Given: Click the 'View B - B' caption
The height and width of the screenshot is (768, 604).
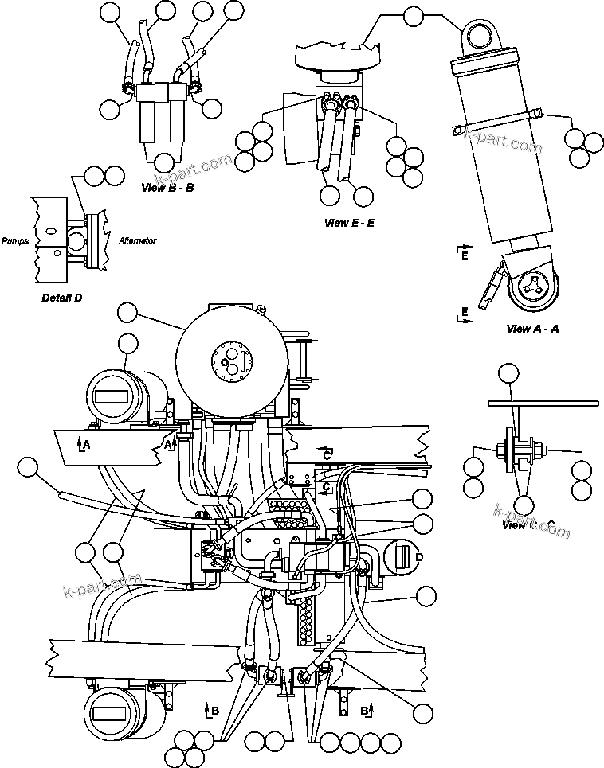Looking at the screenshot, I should [167, 189].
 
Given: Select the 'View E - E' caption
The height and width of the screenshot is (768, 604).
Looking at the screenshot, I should [349, 223].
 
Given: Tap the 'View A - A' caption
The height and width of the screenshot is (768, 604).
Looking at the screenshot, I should [531, 329].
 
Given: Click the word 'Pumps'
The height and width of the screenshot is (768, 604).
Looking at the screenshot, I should [15, 240].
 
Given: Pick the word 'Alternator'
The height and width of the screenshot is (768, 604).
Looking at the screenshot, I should [138, 240].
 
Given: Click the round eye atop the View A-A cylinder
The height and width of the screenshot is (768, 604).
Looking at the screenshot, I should [480, 37].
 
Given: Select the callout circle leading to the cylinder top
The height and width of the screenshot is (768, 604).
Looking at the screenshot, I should [414, 16].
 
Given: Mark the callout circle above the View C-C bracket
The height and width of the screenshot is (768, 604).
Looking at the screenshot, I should [508, 375].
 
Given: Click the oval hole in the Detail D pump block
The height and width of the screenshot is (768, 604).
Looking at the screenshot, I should [51, 231].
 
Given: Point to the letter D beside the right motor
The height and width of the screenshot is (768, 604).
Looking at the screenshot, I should [418, 556].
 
